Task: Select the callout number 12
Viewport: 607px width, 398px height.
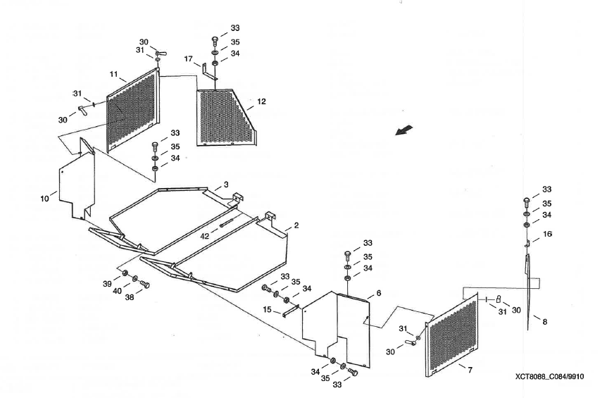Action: coord(261,102)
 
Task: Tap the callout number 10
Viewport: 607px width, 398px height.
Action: coord(45,199)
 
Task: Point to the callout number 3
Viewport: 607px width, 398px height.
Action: coord(226,185)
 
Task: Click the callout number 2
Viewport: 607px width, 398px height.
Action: coord(296,225)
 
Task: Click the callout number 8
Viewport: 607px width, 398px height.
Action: coord(544,321)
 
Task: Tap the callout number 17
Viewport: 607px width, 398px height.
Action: coord(188,61)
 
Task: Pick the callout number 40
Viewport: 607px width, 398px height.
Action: coord(118,290)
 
